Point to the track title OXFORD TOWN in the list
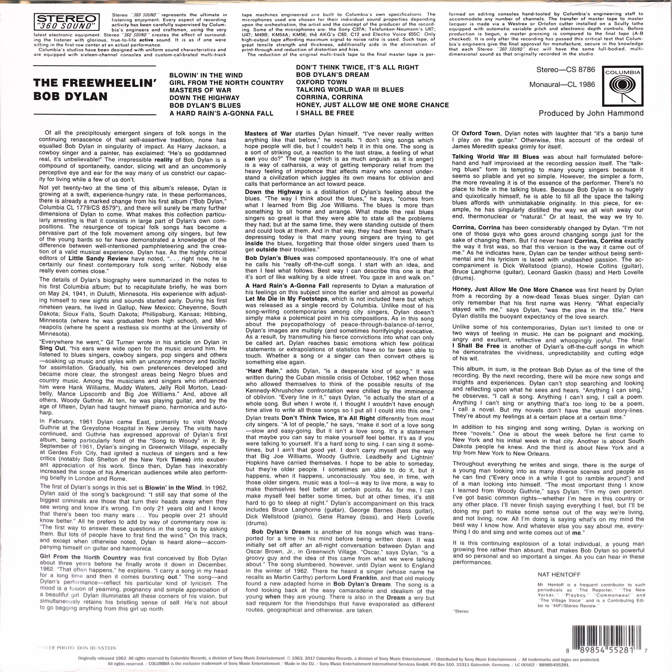[321, 82]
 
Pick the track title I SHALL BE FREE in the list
[325, 113]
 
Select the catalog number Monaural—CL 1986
[562, 85]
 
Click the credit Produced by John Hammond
[591, 113]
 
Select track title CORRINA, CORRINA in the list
[329, 97]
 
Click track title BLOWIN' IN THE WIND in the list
[206, 75]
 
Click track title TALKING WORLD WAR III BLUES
[350, 90]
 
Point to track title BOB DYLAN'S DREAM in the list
[332, 75]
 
